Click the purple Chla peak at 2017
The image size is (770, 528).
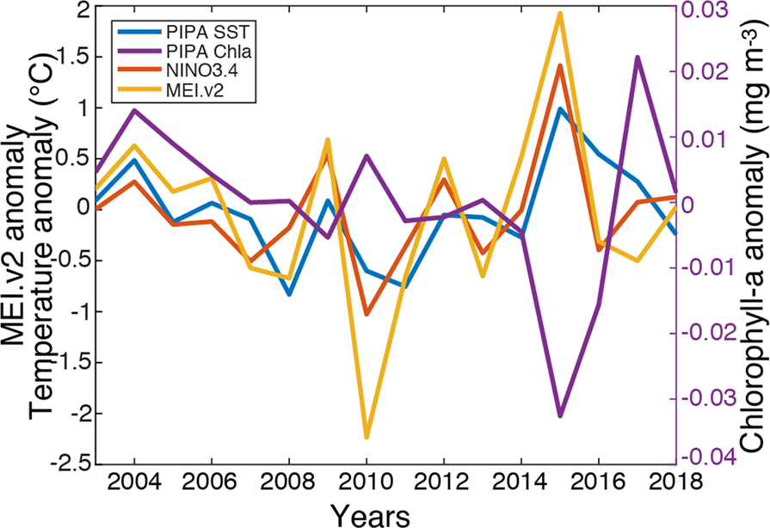[x=638, y=58]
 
